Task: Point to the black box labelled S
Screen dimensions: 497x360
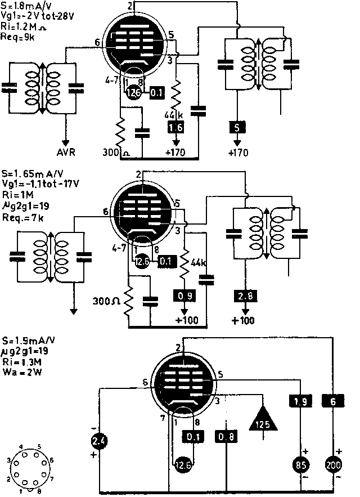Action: (236, 127)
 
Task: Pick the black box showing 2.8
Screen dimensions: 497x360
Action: (242, 296)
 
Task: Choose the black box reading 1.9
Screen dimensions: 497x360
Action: (300, 401)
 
